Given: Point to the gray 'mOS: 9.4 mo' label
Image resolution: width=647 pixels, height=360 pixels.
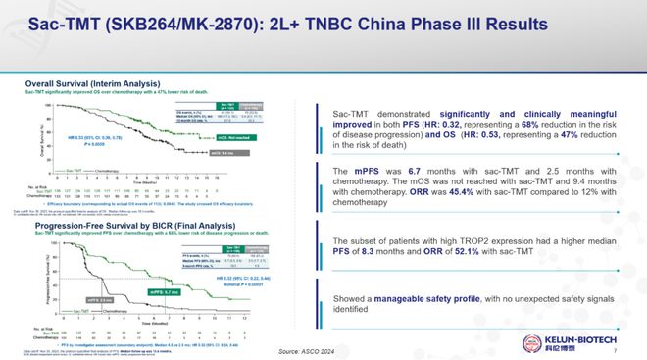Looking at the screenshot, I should (250, 153).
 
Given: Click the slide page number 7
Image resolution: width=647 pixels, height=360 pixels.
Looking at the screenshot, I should (626, 350).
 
